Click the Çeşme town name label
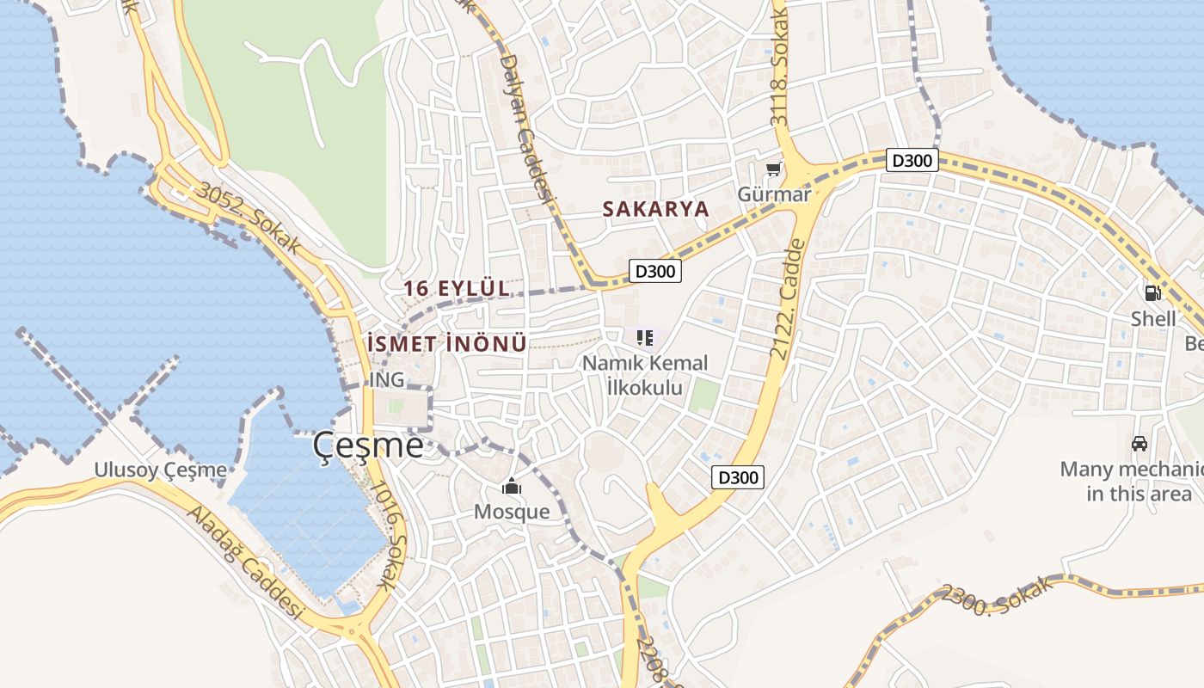point(368,445)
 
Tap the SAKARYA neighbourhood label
point(655,209)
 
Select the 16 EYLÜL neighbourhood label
point(457,289)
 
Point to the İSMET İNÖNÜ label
point(446,343)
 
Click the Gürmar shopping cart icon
point(774,169)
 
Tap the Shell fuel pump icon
point(1152,292)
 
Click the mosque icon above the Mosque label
point(512,487)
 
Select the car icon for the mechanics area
point(1139,444)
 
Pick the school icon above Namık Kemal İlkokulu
point(645,338)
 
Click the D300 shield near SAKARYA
point(655,271)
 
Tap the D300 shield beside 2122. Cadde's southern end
point(738,476)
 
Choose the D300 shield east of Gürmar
point(912,160)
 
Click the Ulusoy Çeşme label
point(161,470)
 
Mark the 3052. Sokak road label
point(249,218)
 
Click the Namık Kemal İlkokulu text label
point(645,375)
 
